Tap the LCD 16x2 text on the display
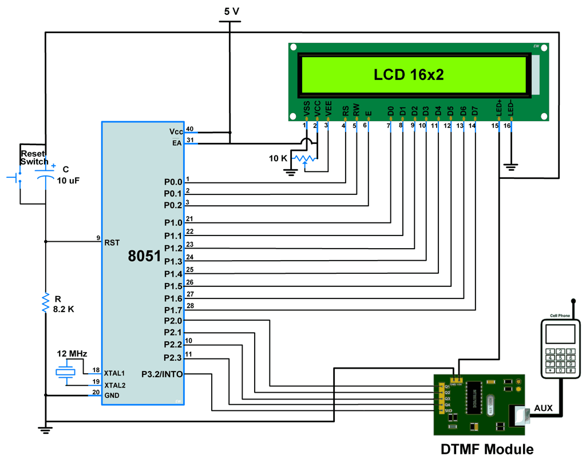(409, 74)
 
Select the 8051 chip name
(144, 256)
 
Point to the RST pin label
(112, 242)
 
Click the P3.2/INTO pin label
(162, 374)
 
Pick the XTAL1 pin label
(114, 373)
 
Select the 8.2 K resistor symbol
(45, 302)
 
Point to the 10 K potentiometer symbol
(304, 157)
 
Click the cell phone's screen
(560, 334)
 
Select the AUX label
(544, 408)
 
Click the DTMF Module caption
(487, 449)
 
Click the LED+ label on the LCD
(499, 108)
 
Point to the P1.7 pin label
(173, 310)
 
